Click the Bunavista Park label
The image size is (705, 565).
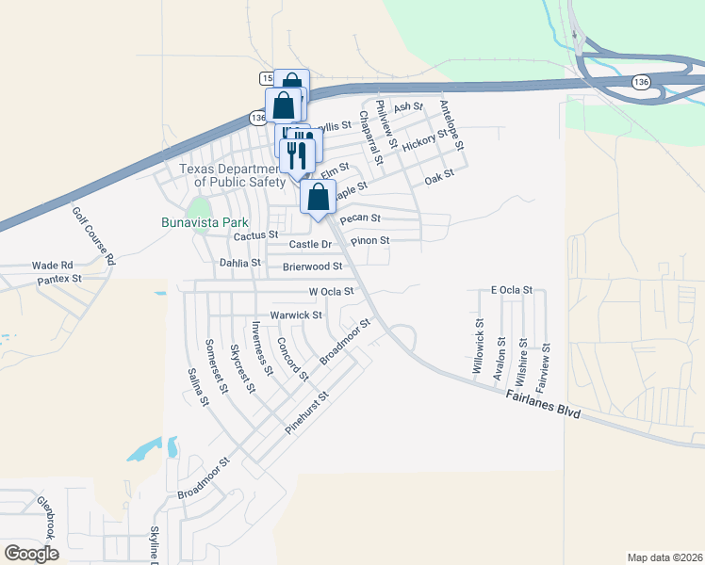208,223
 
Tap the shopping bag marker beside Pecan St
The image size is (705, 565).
319,198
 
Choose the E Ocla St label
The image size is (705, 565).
512,290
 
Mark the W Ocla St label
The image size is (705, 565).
324,292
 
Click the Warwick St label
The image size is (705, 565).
296,315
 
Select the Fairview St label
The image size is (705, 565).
542,367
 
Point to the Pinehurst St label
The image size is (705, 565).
306,412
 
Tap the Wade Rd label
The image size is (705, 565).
52,266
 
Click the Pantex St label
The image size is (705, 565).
59,280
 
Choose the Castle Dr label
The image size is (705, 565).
311,245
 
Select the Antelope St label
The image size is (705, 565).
451,127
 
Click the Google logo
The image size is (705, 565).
31,554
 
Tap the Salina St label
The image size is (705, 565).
197,386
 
